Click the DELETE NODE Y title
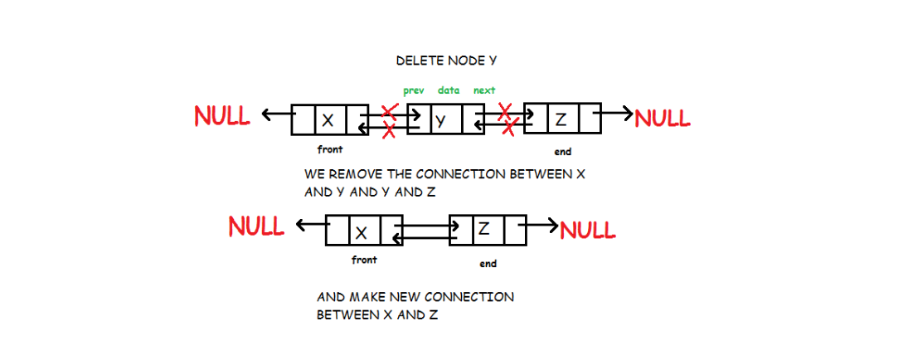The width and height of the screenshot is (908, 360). (446, 61)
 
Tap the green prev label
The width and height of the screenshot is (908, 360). (414, 90)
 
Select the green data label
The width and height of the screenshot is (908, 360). (449, 90)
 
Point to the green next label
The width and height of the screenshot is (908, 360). (484, 90)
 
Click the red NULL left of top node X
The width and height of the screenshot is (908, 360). (222, 116)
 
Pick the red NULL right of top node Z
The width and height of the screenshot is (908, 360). (662, 118)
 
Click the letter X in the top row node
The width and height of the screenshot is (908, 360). (328, 120)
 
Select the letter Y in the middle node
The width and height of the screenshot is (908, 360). (441, 120)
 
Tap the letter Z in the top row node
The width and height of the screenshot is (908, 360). (561, 119)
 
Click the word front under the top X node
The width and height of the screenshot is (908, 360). (330, 150)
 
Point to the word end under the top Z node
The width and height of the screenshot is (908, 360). (562, 152)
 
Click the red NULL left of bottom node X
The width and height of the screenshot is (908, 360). (256, 226)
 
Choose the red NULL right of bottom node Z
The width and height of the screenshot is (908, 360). (588, 229)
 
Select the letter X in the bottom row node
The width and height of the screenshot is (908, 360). (362, 232)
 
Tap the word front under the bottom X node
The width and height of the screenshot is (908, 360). (364, 260)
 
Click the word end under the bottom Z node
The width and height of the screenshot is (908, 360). (488, 264)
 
